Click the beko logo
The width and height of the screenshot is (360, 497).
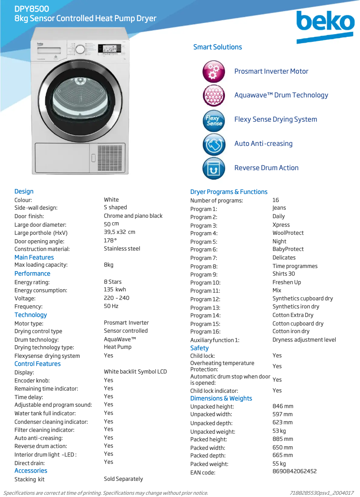coord(325,24)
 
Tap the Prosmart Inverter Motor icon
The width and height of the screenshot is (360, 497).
coord(214,71)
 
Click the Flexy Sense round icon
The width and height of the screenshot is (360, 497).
coord(214,120)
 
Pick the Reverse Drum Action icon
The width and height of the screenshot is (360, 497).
coord(214,168)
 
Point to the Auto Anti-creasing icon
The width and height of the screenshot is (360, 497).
coord(214,144)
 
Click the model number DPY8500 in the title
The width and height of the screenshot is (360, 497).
coord(32,9)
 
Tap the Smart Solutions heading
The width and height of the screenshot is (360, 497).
coord(217,47)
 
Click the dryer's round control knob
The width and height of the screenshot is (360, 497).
coord(79,48)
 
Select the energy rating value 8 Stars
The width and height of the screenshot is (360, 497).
coord(113,282)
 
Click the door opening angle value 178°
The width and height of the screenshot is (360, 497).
coord(110,241)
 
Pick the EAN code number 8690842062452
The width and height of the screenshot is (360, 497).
coord(294,471)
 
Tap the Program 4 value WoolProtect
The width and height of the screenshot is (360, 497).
coord(288,233)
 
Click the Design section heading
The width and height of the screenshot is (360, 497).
coord(24,192)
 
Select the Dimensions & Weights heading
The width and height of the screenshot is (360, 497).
coord(221,399)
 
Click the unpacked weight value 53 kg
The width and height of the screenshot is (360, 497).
coord(279,431)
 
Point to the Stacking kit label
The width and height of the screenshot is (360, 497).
coord(29,479)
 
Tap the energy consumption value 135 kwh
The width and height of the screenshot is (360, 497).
coord(115,290)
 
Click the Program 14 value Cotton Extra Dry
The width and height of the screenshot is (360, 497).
coord(293,315)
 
